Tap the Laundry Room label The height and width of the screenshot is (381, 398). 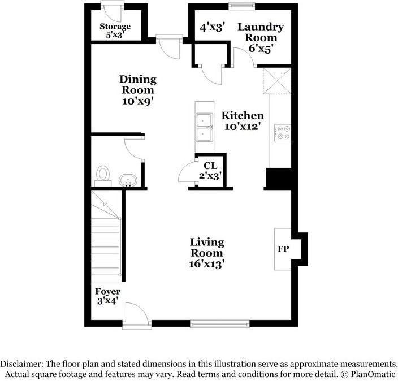[x=261, y=37]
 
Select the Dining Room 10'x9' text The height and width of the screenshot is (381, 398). [x=137, y=89]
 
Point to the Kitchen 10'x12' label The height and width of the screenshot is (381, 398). [x=243, y=121]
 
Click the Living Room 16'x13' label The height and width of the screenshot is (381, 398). [x=207, y=252]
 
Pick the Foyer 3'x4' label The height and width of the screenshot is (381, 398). [x=108, y=296]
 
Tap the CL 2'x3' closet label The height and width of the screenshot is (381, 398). [x=210, y=170]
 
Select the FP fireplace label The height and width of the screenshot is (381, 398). [x=283, y=249]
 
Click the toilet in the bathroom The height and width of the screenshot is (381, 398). [x=103, y=174]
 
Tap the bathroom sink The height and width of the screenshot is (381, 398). [x=129, y=181]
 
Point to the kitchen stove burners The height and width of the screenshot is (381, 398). [x=282, y=132]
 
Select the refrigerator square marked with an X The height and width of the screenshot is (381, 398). [x=277, y=81]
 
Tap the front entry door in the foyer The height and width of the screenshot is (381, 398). [x=137, y=314]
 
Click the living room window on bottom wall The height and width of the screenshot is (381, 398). [x=219, y=323]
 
